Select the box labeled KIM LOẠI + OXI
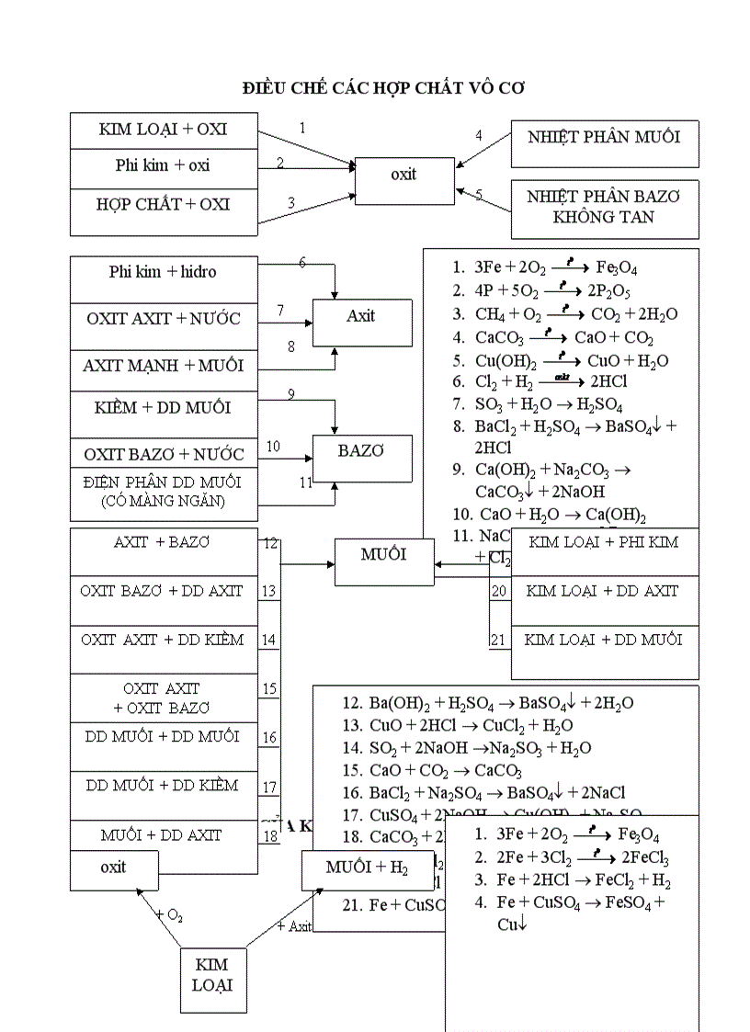[x=163, y=130]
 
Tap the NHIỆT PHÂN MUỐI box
[x=604, y=138]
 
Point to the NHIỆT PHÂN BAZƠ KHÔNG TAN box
[x=604, y=207]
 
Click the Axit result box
[x=361, y=316]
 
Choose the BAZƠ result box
[x=361, y=451]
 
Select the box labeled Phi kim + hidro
[x=163, y=272]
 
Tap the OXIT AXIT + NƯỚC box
[x=163, y=319]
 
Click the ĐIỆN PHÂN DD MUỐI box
[x=163, y=491]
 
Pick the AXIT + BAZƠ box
[x=163, y=542]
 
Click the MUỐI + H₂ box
[x=367, y=868]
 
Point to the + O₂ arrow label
[x=169, y=914]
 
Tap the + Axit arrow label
[x=294, y=926]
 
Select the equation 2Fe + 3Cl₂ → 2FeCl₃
[x=583, y=858]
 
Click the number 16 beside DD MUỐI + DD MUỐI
[x=269, y=738]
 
